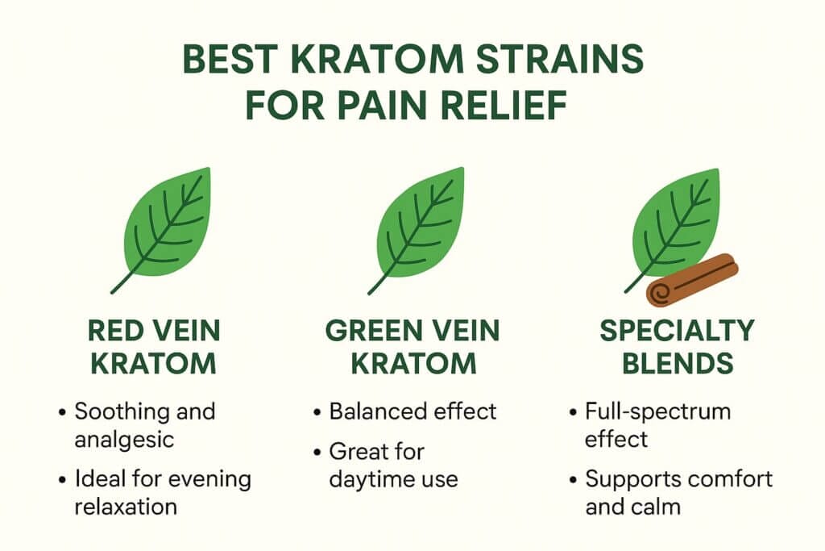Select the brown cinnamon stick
coord(692,280)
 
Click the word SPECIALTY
coord(677,331)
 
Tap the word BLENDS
coord(678,364)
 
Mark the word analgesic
coord(124,440)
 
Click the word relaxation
coord(126,507)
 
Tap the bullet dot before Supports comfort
coord(574,481)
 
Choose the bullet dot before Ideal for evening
coord(63,481)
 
